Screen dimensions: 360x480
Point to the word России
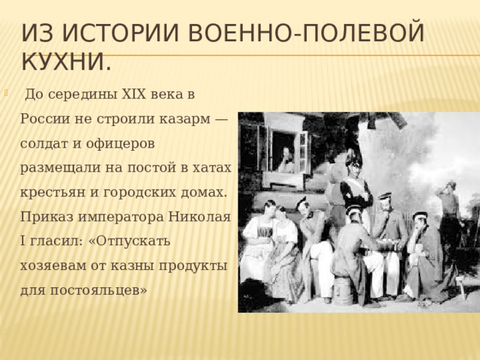tap(47, 118)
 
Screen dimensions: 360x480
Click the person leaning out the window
tap(285, 160)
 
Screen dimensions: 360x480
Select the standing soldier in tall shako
tap(355, 187)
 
